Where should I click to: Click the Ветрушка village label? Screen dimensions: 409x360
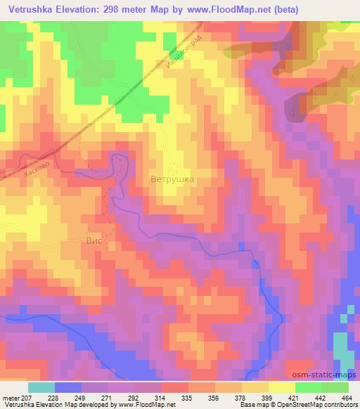(172, 179)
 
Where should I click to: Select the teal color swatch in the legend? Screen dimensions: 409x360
(42, 387)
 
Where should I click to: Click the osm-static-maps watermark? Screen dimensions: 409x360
(330, 375)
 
